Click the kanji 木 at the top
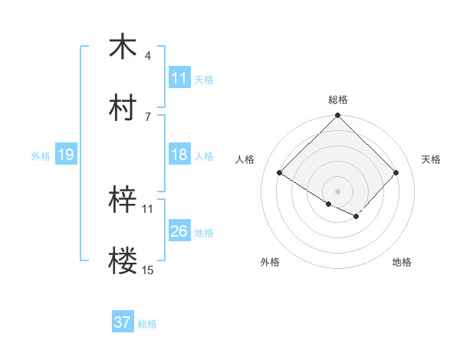coord(123,47)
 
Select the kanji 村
coord(123,108)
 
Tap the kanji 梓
coord(123,200)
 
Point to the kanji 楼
coord(123,261)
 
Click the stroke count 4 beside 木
coord(147,56)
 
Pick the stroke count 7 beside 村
coord(147,116)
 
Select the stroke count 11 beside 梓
coord(148,208)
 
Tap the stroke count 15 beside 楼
coord(148,270)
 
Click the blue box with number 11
coord(179,78)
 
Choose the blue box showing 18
coord(179,155)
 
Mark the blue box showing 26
coord(179,231)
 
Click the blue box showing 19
coord(65,155)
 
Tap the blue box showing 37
coord(122,322)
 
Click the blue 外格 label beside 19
coord(40,155)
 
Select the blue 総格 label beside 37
coord(147,324)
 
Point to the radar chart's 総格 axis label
coord(338,100)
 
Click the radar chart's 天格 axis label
coord(432,159)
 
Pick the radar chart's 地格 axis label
coord(402,263)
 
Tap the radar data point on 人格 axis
coord(280,173)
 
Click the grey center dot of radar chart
coord(338,191)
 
